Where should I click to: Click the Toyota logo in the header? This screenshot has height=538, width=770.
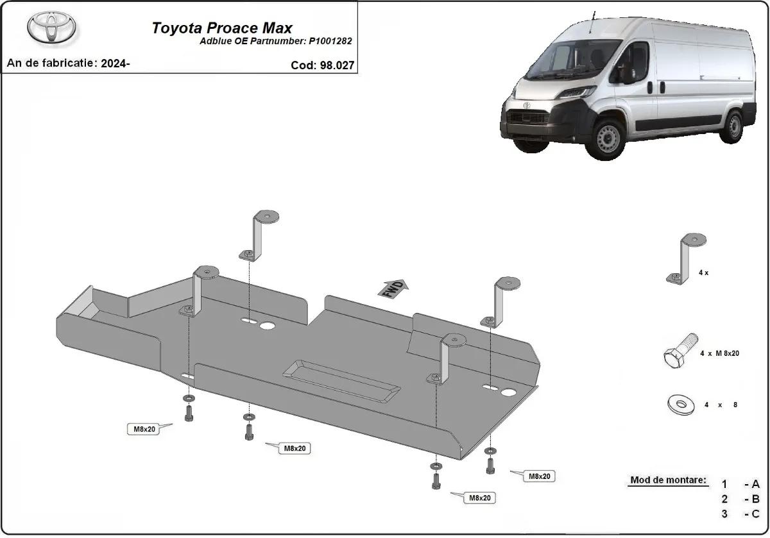coord(51,27)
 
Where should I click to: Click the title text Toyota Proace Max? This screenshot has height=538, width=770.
coord(221,28)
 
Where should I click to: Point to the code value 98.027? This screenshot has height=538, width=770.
coord(336,65)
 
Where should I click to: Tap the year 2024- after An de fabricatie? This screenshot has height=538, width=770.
coord(116,63)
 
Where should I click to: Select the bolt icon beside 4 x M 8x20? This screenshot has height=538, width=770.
coord(680,350)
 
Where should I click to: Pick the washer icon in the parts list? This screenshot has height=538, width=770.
coord(680,405)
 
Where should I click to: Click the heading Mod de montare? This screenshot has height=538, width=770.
coord(668,480)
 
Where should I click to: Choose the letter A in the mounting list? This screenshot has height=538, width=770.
coord(755,484)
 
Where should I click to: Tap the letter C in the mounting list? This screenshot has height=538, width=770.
coord(755,513)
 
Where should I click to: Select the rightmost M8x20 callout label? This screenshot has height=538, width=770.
coord(538,476)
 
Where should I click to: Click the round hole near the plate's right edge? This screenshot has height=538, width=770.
coord(509,392)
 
